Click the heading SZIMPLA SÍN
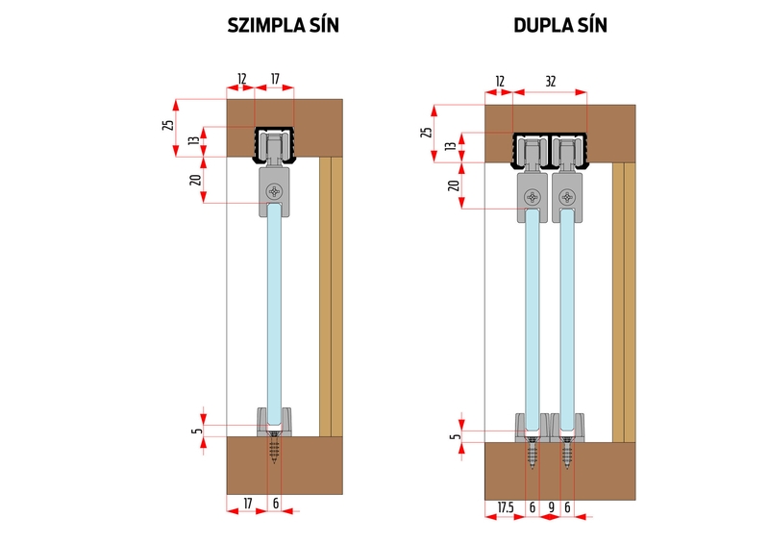(x=283, y=27)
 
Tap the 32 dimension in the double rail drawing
(x=549, y=83)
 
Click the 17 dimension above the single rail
(x=276, y=79)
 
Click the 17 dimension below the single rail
(x=247, y=503)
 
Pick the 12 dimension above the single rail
(x=241, y=79)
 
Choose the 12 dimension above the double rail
(x=499, y=83)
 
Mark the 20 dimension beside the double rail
(x=453, y=185)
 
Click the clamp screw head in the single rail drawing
(x=276, y=191)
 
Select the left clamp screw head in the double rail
(x=533, y=198)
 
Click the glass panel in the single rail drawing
(x=276, y=308)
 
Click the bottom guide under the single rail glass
(x=276, y=421)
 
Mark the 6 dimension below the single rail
(x=276, y=503)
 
